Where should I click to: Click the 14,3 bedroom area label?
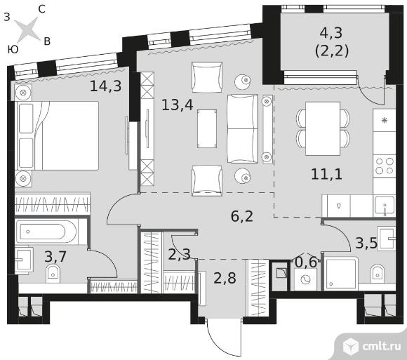click(106, 86)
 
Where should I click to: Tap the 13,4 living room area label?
click(178, 105)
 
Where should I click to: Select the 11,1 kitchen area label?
click(327, 174)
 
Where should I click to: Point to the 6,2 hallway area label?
click(242, 216)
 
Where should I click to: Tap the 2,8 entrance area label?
click(225, 278)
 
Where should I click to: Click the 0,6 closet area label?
click(306, 262)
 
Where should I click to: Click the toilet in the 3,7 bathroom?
click(53, 274)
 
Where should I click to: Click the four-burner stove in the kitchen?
click(385, 166)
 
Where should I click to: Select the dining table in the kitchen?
click(323, 128)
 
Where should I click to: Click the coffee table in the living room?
click(207, 128)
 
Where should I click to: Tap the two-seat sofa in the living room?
click(243, 128)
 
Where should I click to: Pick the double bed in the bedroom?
click(57, 135)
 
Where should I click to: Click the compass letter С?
click(42, 9)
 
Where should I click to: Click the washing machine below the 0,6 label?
click(305, 279)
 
